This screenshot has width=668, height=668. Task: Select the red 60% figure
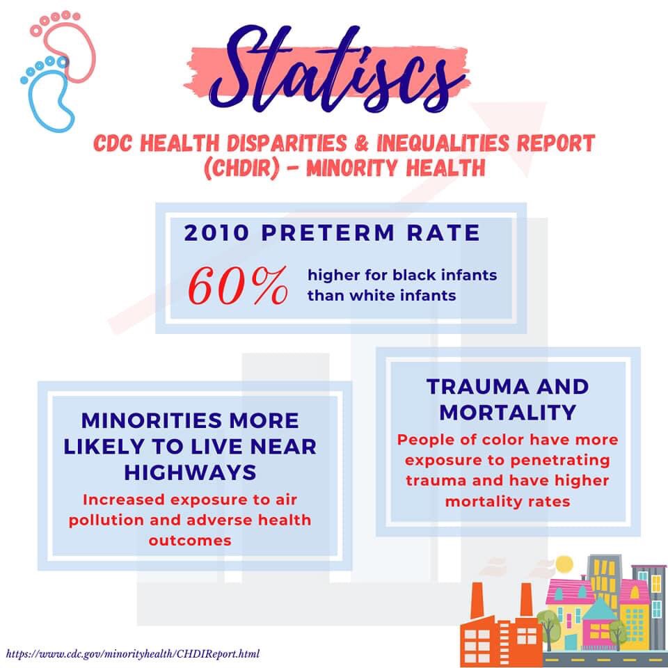tap(238, 285)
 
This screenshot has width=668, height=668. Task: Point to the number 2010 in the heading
tap(216, 232)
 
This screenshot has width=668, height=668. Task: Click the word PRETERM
tap(328, 232)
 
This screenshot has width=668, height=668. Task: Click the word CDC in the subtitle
tap(113, 143)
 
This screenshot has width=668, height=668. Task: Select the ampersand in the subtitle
tap(361, 143)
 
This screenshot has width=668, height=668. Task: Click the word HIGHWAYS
tap(190, 472)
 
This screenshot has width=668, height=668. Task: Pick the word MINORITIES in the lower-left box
tap(150, 421)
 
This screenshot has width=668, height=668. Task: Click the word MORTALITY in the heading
tap(507, 413)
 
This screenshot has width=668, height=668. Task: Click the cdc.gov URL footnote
tap(133, 654)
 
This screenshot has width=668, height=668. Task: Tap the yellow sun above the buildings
tap(565, 565)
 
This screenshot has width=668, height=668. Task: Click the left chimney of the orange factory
tap(477, 600)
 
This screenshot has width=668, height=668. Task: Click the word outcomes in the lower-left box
tap(190, 541)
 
